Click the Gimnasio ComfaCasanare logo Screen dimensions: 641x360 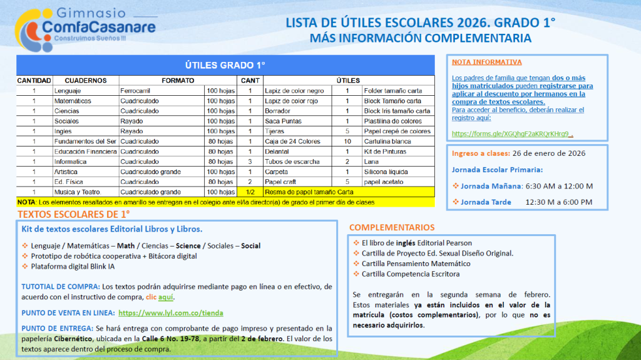coord(86,29)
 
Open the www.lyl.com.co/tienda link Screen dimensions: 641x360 coord(171,313)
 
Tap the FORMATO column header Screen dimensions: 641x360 coord(178,81)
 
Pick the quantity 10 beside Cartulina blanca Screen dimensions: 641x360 coord(347,141)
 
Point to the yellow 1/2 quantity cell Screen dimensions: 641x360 coord(250,192)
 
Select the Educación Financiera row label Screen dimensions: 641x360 coord(85,152)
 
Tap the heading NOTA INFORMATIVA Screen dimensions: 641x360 coord(486,62)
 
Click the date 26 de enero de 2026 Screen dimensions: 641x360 coord(549,153)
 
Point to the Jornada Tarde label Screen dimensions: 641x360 coord(486,202)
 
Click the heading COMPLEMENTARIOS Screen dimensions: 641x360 coord(392,227)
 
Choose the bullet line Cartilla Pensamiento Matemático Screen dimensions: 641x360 coord(416,264)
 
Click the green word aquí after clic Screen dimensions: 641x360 coord(165,297)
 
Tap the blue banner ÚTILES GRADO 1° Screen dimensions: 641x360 coord(225,65)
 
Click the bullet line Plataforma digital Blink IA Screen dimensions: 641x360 coord(73,267)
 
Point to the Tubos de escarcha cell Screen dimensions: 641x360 coord(292,162)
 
